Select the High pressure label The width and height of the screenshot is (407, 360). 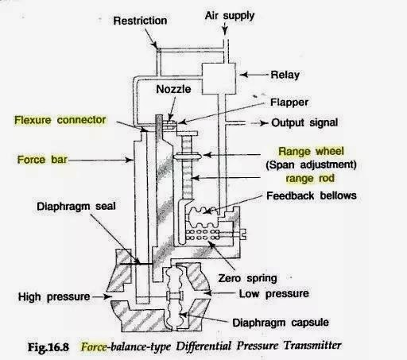pyautogui.click(x=52, y=297)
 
